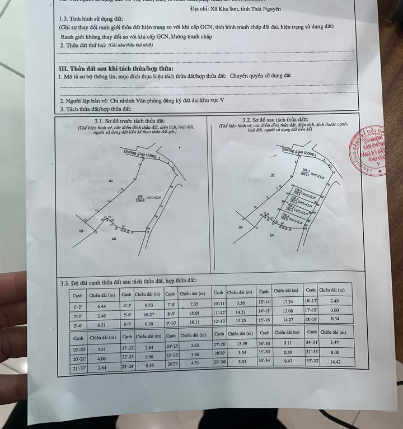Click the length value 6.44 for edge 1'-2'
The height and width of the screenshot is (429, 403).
(x=101, y=307)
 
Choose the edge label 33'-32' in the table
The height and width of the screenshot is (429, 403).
(x=312, y=362)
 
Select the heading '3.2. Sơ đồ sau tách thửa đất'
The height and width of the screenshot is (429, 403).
(x=275, y=120)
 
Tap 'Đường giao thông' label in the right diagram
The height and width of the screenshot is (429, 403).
(x=299, y=151)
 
